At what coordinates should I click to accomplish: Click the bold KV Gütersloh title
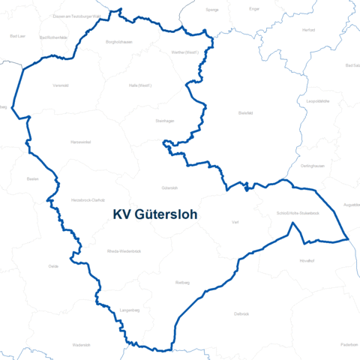click(x=154, y=214)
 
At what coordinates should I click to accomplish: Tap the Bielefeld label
click(x=246, y=113)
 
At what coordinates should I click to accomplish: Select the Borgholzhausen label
click(x=119, y=43)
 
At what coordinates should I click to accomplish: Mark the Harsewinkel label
click(x=80, y=142)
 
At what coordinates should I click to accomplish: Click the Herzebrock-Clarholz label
click(x=87, y=200)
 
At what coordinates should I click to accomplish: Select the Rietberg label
click(x=181, y=282)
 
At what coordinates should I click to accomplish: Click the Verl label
click(x=235, y=223)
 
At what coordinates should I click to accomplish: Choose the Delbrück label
click(x=241, y=313)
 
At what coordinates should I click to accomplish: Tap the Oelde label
click(x=53, y=266)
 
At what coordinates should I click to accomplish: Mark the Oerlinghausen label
click(x=310, y=166)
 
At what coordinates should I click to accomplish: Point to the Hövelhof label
click(x=307, y=260)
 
